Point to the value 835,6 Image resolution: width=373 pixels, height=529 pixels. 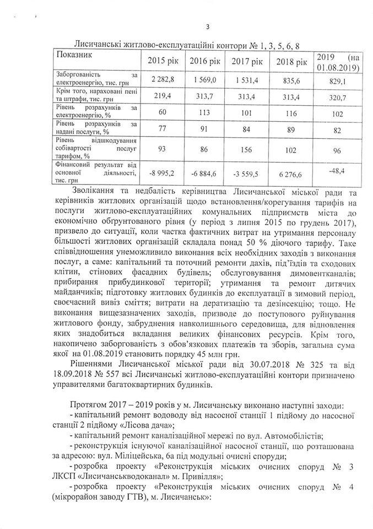click(x=291, y=81)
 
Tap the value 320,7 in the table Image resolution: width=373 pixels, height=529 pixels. click(x=338, y=97)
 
